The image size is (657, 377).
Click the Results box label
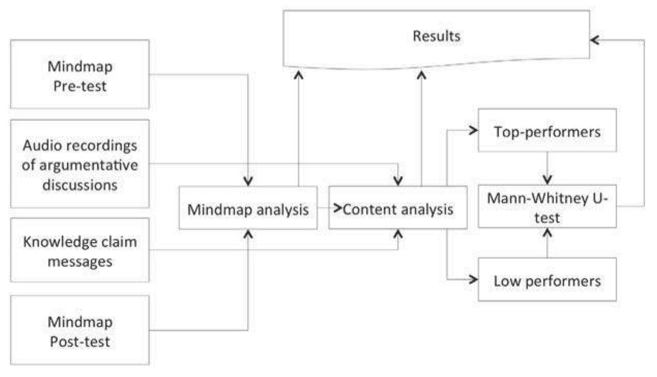436,36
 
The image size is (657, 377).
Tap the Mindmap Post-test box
80,330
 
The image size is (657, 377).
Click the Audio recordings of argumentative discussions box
80,164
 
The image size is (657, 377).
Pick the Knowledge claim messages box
80,250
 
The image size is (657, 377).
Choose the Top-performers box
547,131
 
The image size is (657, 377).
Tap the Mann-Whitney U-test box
547,206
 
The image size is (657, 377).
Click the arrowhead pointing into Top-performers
472,131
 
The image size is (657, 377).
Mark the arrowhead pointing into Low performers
472,280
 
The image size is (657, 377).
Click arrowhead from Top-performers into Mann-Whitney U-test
547,179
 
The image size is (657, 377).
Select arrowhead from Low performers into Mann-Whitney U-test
547,233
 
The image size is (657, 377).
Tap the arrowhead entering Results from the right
595,40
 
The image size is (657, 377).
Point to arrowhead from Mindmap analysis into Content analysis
338,208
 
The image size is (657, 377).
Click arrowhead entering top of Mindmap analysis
248,181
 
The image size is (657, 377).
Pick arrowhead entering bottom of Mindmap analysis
248,235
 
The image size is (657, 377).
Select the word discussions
80,184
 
